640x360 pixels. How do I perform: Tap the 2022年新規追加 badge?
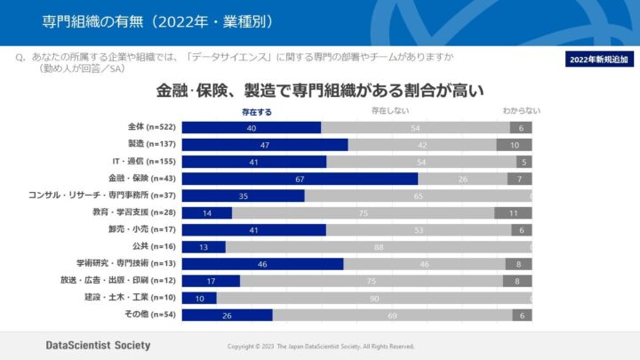[598, 60]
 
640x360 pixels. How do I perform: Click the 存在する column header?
[257, 112]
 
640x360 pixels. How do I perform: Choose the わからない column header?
[521, 112]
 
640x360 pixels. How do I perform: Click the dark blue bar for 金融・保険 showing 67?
[300, 179]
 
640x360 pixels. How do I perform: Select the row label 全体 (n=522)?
[153, 128]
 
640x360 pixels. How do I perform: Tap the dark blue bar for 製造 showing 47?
[265, 145]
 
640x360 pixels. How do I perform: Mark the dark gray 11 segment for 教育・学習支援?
[513, 213]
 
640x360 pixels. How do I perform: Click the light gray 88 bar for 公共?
[378, 247]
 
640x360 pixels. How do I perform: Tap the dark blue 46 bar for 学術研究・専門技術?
[262, 264]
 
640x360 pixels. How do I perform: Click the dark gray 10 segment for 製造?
[514, 145]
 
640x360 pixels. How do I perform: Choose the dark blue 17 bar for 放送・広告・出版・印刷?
[211, 281]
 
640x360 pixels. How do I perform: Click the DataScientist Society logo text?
[98, 345]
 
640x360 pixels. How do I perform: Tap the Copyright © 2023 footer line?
[321, 346]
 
